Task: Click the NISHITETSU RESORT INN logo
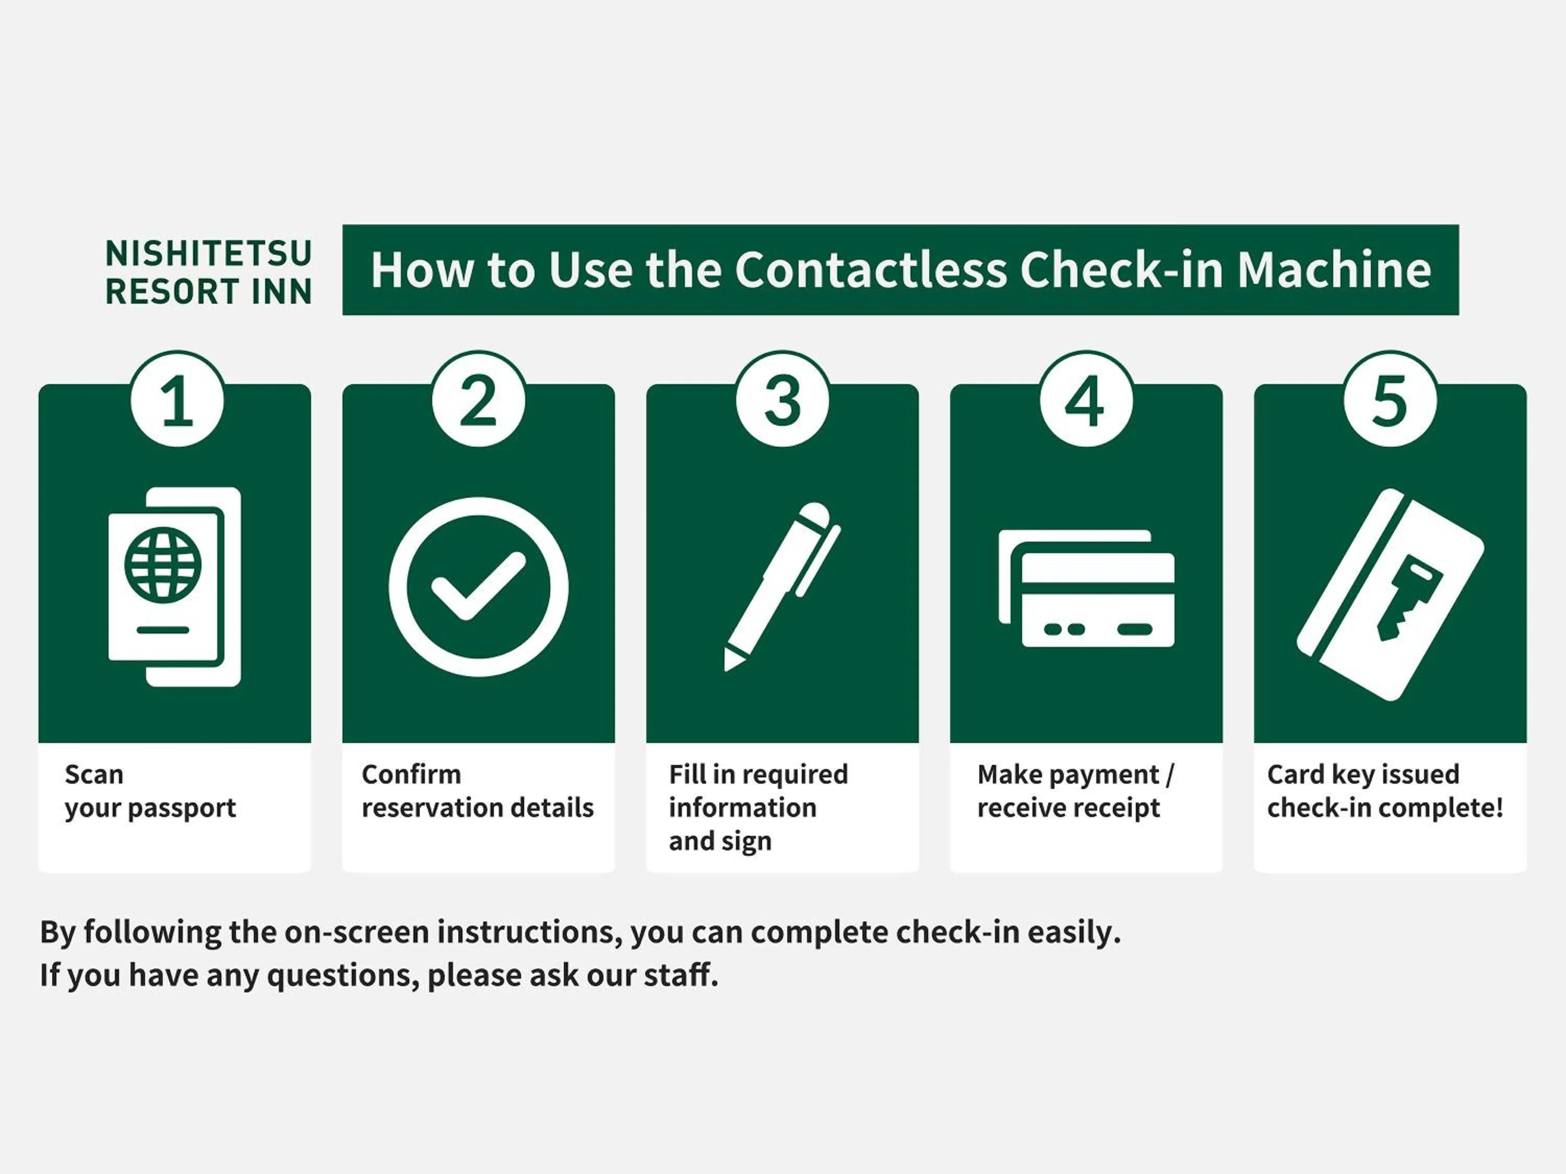209,272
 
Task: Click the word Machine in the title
1334,270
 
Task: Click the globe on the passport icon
163,565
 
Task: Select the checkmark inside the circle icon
479,586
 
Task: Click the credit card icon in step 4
1087,588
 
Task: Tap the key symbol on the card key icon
1405,598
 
